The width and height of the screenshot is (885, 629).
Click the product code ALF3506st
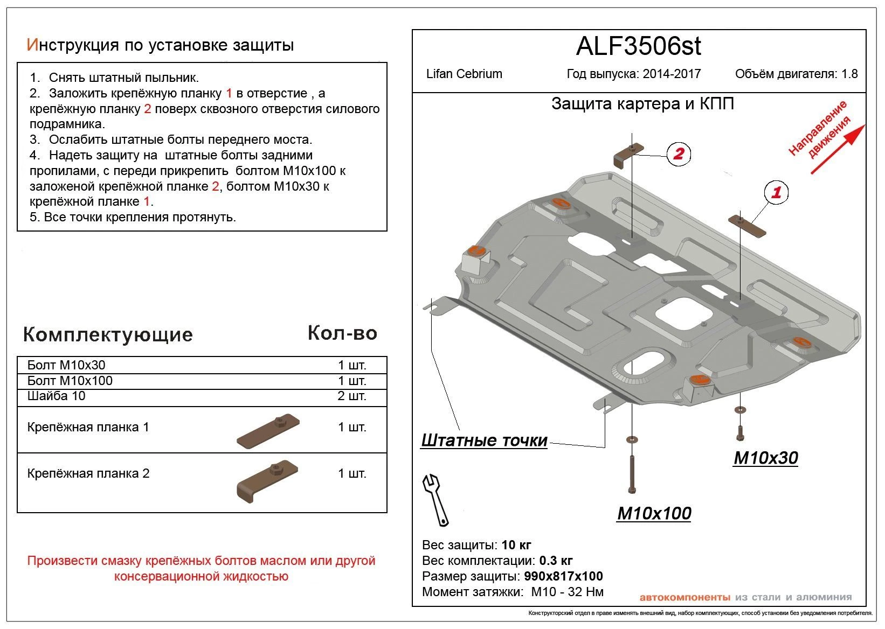638,46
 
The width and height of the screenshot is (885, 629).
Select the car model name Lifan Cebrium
464,74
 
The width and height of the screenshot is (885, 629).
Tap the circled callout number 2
678,154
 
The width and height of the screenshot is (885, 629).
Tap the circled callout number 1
776,193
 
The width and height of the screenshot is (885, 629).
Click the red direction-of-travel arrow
838,149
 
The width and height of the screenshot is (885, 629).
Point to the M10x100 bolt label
654,513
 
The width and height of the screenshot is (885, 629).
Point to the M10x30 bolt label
765,458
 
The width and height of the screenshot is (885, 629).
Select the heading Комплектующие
108,334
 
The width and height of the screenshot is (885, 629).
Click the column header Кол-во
342,333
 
